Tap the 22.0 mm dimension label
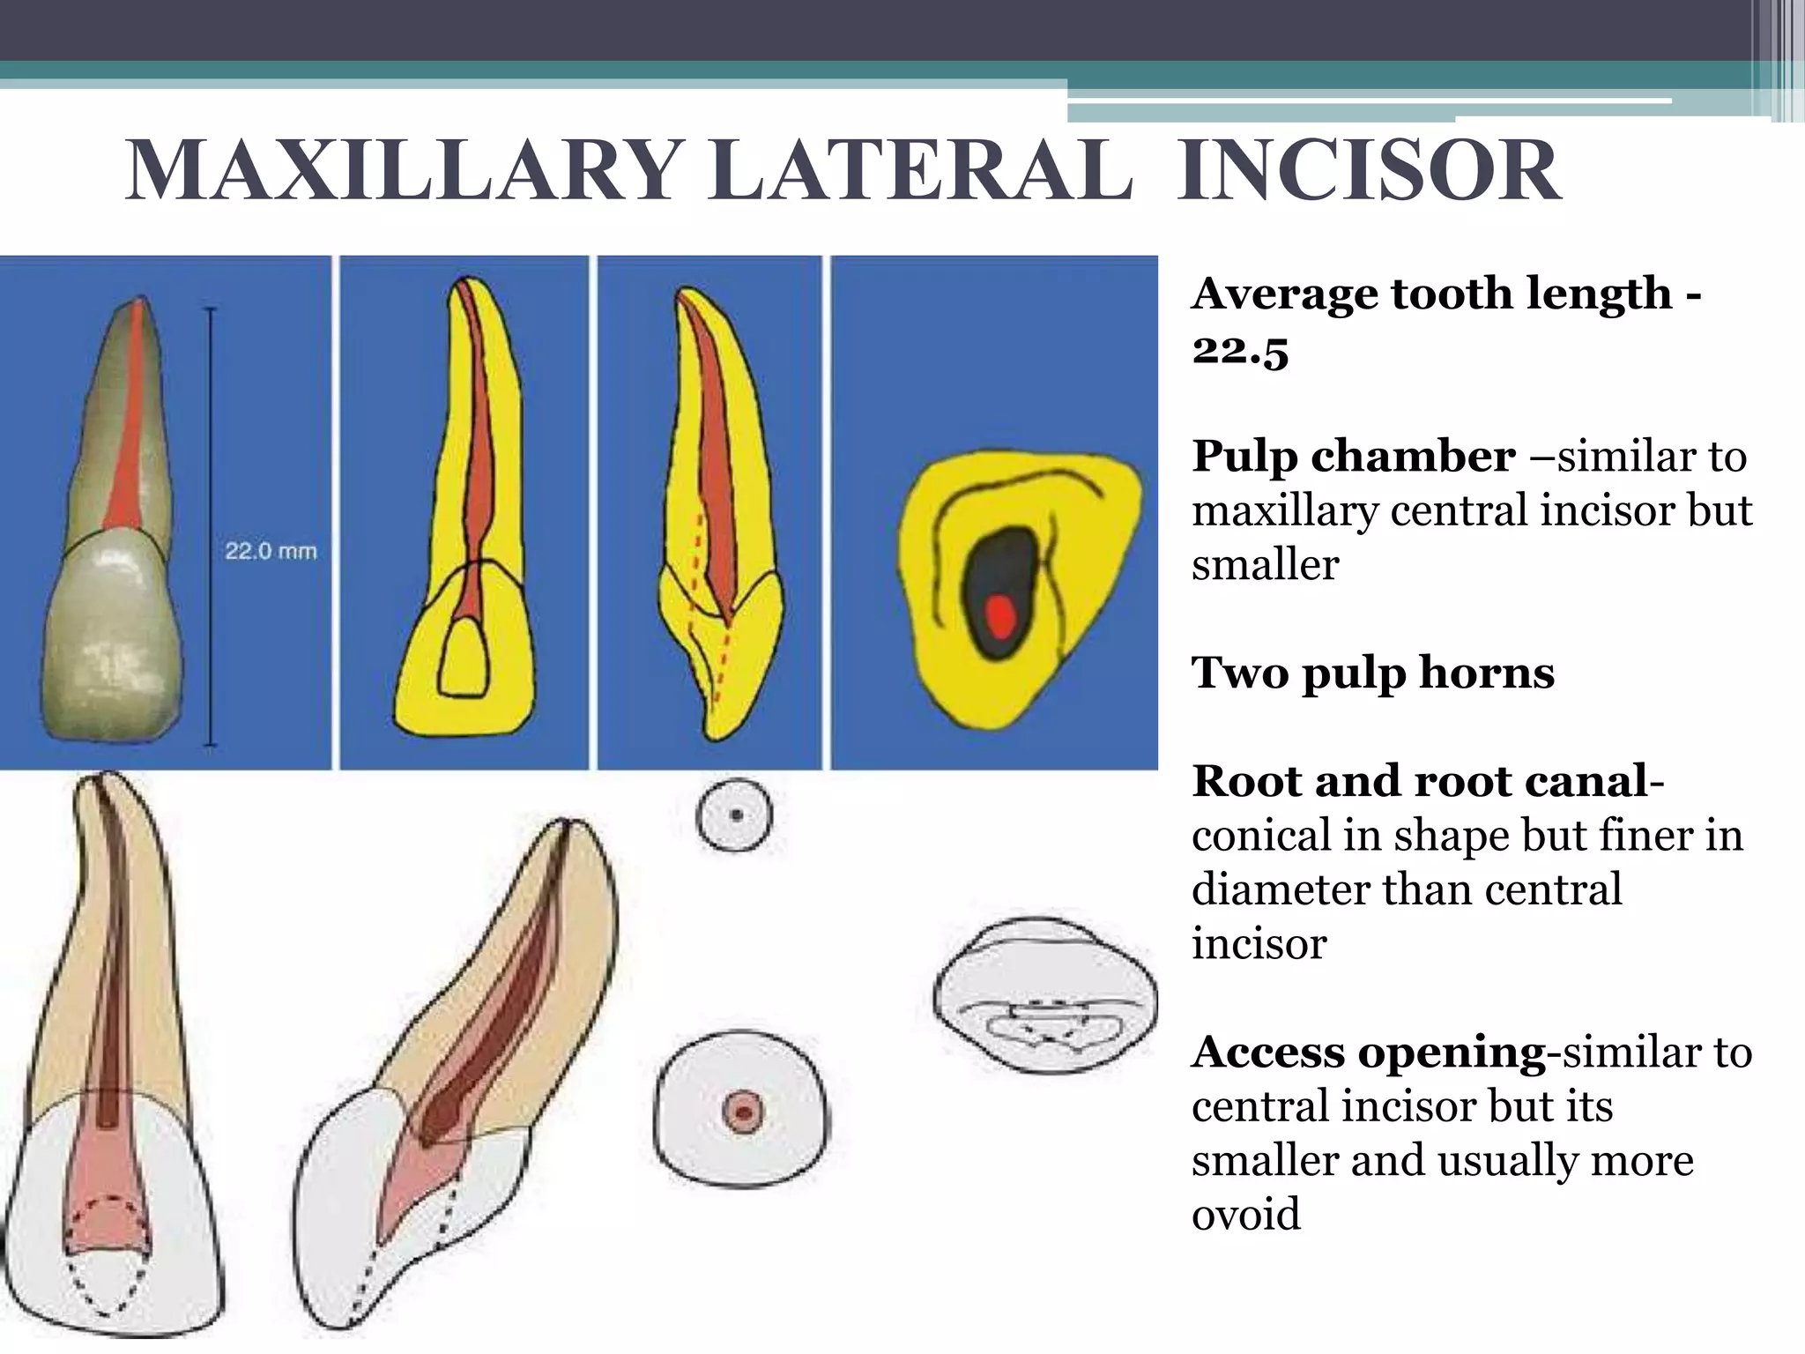(271, 552)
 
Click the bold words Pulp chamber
(1353, 457)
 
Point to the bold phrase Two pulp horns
(1372, 673)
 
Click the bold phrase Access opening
(1368, 1052)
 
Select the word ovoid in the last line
(1245, 1214)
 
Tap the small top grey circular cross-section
(734, 815)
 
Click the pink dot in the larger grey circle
(741, 1112)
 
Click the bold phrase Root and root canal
(1419, 781)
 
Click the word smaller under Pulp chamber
(1265, 564)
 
